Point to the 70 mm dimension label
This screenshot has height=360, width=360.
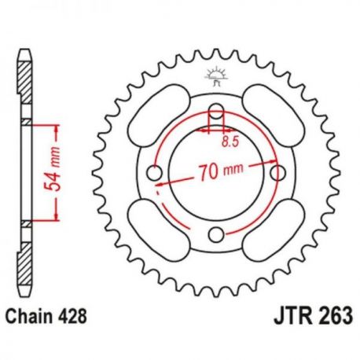pyautogui.click(x=221, y=171)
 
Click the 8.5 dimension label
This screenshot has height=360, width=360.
pyautogui.click(x=230, y=141)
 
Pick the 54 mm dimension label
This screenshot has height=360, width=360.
pyautogui.click(x=52, y=169)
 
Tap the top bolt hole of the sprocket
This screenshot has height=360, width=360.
pyautogui.click(x=216, y=111)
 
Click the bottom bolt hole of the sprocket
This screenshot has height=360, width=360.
pyautogui.click(x=216, y=234)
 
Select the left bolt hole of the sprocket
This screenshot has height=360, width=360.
pyautogui.click(x=154, y=172)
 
